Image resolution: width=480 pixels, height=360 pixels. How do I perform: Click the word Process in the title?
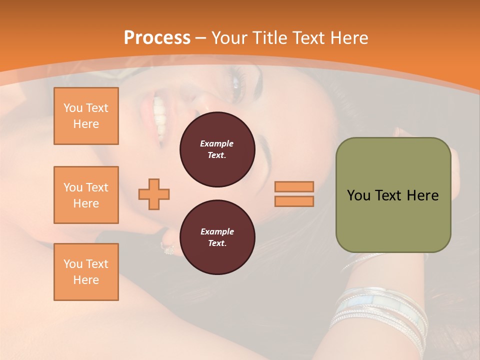(x=157, y=38)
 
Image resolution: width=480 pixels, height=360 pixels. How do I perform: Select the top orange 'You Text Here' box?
(x=86, y=116)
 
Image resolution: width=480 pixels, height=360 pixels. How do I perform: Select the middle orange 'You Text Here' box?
(x=86, y=195)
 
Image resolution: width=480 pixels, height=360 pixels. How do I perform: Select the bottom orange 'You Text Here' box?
(x=86, y=272)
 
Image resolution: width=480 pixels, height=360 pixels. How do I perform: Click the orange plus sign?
(x=154, y=194)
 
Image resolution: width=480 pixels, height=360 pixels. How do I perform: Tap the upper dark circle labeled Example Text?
(x=217, y=149)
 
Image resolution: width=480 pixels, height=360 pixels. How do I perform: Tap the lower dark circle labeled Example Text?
(x=217, y=237)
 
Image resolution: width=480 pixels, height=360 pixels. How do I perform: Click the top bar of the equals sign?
(x=294, y=186)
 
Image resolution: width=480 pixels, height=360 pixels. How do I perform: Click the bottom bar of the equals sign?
(x=294, y=201)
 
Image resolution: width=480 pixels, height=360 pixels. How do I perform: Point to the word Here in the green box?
(x=422, y=195)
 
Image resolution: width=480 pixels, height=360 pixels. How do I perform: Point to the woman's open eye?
(x=235, y=80)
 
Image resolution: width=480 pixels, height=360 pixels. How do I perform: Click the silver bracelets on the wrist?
(x=380, y=310)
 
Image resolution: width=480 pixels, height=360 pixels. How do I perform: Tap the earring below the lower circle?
(x=167, y=248)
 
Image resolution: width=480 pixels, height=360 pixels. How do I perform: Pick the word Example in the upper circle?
(x=217, y=143)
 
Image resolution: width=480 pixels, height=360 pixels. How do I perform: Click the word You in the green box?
(x=358, y=195)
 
